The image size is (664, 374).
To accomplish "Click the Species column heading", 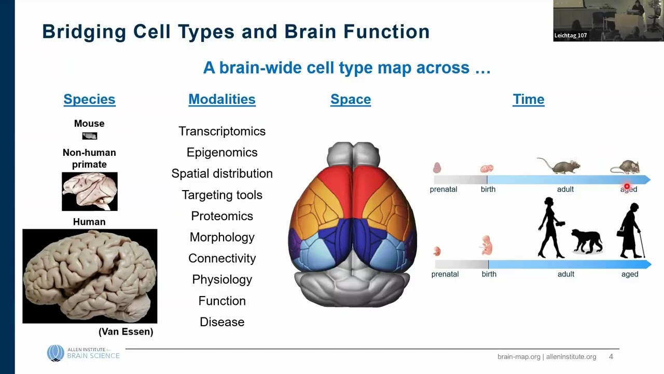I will click(x=89, y=99).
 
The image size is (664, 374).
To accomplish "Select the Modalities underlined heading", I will click(x=222, y=99).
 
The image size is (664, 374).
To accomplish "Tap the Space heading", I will click(x=351, y=99).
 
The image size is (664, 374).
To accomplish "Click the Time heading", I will click(x=529, y=99).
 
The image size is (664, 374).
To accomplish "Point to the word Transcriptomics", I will click(x=222, y=131).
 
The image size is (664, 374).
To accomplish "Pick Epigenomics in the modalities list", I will click(x=222, y=153).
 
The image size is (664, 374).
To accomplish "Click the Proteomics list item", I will click(x=222, y=216).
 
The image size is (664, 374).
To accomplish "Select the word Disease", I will click(x=222, y=322).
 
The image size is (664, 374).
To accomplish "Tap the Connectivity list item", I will click(x=222, y=259).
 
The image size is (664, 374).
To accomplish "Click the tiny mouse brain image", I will click(x=90, y=136).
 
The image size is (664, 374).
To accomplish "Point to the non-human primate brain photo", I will click(x=90, y=192).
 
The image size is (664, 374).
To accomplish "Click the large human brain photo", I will click(x=90, y=276).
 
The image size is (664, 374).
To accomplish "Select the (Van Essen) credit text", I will click(x=126, y=332).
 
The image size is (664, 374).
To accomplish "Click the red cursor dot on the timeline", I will click(x=627, y=186).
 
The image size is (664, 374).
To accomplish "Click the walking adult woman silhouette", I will click(x=551, y=228).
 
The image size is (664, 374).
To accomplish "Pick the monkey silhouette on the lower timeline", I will click(x=587, y=241).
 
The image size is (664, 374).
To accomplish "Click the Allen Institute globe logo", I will click(x=56, y=353).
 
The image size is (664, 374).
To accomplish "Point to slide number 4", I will click(x=611, y=357).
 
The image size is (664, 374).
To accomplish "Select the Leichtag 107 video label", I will click(x=571, y=35).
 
